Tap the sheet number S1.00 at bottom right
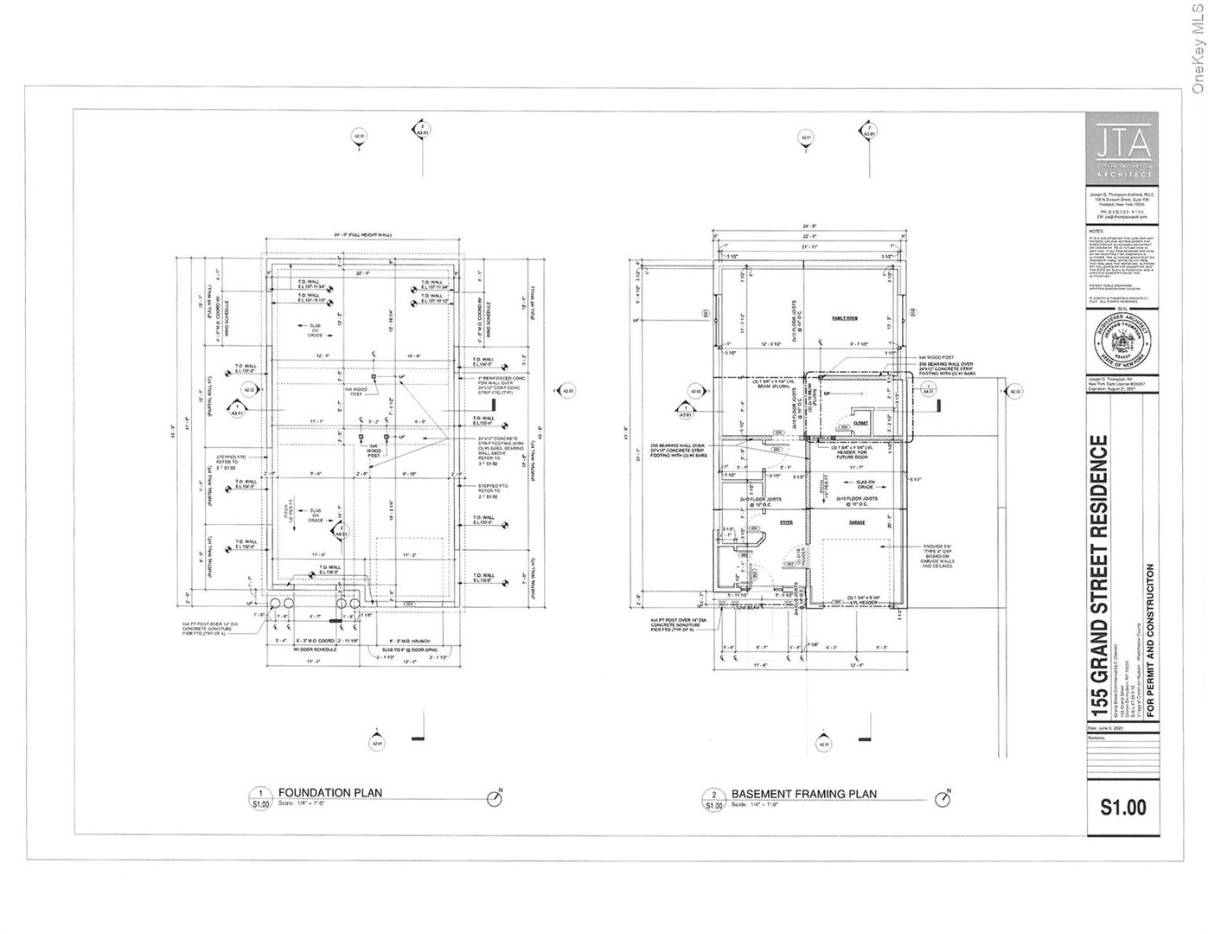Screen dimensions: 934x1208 (x=1123, y=808)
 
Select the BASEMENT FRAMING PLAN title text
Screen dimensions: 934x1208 (x=803, y=794)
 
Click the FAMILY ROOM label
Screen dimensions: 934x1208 (x=844, y=318)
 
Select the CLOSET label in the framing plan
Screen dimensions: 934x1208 (x=861, y=423)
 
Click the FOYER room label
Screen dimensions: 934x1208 (x=762, y=522)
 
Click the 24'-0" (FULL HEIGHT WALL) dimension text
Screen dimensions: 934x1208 (x=363, y=235)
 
